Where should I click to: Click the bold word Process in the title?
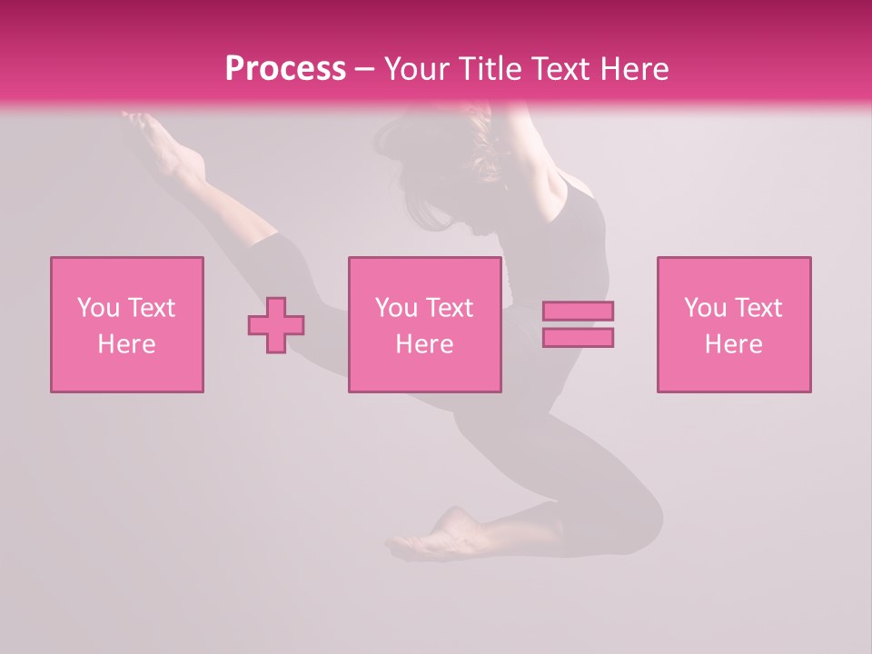285,68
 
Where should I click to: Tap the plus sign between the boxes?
276,324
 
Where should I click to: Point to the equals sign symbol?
578,324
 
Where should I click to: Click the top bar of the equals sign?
578,312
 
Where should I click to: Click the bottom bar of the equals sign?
578,337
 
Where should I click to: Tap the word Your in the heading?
416,68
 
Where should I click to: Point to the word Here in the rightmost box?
734,344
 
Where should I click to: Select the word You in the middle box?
396,308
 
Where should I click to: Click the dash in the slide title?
364,68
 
